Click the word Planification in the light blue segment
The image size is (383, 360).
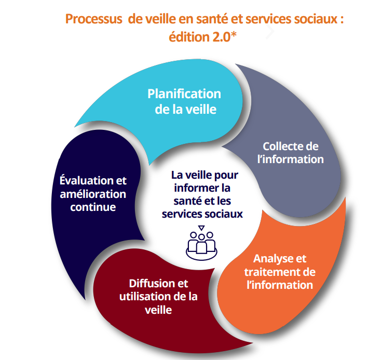click(x=184, y=94)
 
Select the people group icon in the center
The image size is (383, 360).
click(x=200, y=242)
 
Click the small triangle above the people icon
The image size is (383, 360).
click(x=201, y=227)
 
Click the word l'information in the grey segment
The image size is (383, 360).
click(x=294, y=159)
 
